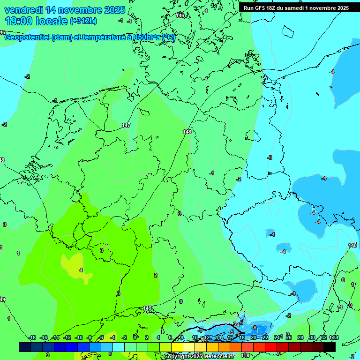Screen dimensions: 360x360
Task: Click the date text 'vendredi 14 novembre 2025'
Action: coord(65,10)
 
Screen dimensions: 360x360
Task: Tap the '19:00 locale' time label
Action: coord(36,21)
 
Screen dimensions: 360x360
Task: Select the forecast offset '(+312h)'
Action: coord(83,21)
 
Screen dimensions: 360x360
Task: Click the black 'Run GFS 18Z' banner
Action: coord(296,7)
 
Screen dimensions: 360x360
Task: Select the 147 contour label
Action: coord(126,125)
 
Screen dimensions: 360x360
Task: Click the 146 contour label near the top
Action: coord(180,15)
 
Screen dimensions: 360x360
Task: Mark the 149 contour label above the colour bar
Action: coord(147,308)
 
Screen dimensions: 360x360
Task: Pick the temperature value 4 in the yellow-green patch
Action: coord(81,270)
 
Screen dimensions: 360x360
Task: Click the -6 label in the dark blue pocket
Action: coord(254,328)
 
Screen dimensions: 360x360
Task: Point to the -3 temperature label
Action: coord(270,157)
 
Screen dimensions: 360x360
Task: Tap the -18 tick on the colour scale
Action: coord(32,337)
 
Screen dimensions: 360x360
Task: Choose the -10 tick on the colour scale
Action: coord(79,337)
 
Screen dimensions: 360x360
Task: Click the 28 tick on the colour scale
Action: coord(300,337)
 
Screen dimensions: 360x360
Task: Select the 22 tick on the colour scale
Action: coord(265,337)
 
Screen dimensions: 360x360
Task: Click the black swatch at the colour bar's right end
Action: coord(330,347)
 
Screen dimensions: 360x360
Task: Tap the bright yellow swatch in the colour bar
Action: coord(177,347)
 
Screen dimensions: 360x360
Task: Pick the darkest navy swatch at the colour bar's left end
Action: coord(24,347)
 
